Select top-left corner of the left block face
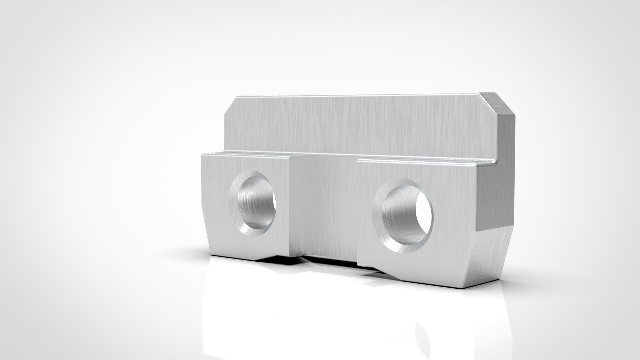(203, 155)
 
